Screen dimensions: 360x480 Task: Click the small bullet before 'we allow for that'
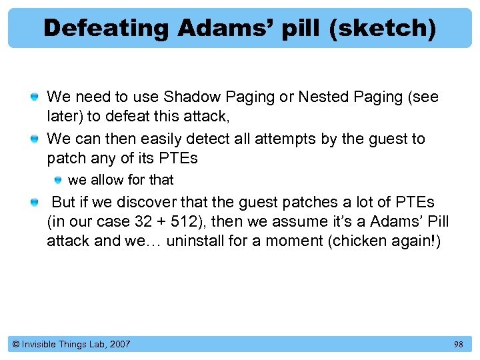pos(59,180)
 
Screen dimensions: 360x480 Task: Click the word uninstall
pos(195,240)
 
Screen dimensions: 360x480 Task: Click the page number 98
pos(458,344)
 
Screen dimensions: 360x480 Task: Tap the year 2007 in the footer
pos(119,344)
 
